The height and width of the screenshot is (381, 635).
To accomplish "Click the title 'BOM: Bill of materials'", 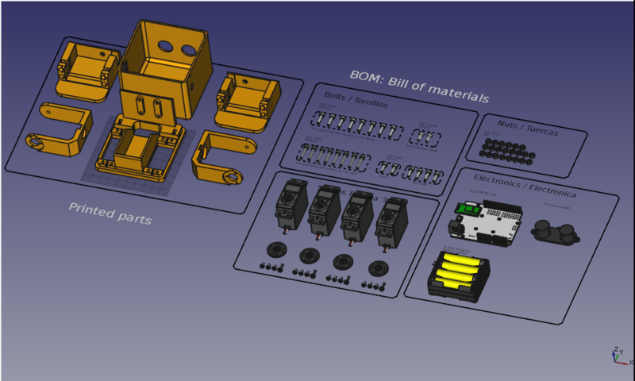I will click(x=419, y=86).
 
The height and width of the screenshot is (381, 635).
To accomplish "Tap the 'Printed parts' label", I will click(x=110, y=213).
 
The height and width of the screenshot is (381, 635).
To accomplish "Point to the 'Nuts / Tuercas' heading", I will click(x=527, y=128).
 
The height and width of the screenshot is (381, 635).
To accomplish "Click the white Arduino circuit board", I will click(x=487, y=225).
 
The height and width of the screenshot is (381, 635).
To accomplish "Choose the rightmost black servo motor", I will click(x=392, y=222).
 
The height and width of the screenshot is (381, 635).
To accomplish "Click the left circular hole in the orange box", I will click(x=164, y=45).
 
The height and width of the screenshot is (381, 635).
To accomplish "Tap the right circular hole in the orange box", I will click(x=190, y=50).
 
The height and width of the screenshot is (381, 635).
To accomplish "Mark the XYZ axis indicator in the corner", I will click(x=616, y=356).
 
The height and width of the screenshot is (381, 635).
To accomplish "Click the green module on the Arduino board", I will click(x=467, y=210).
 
